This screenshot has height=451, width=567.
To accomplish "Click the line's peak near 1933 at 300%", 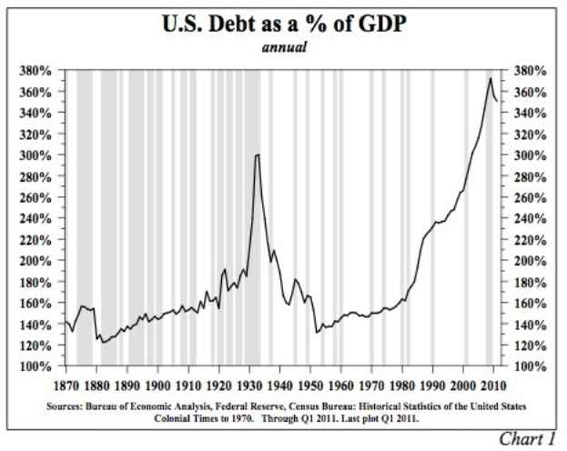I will coord(258,155).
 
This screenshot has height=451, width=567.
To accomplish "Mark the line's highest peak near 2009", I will coord(491,78).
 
